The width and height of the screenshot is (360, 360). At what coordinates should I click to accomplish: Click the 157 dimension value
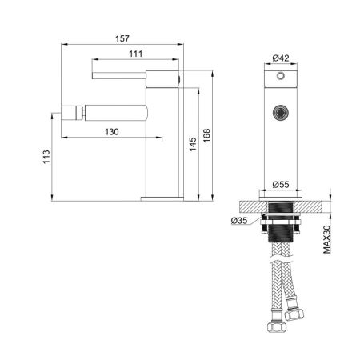[122, 38]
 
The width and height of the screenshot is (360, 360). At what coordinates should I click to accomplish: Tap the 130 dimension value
[111, 131]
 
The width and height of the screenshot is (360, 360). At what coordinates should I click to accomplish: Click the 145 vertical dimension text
[192, 142]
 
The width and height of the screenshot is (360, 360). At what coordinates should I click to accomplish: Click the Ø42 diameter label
[280, 57]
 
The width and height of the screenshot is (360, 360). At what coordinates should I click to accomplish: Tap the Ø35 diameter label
[238, 220]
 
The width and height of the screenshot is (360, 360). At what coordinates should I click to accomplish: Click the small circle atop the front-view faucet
[280, 77]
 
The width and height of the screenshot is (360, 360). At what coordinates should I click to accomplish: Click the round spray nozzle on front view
[280, 113]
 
